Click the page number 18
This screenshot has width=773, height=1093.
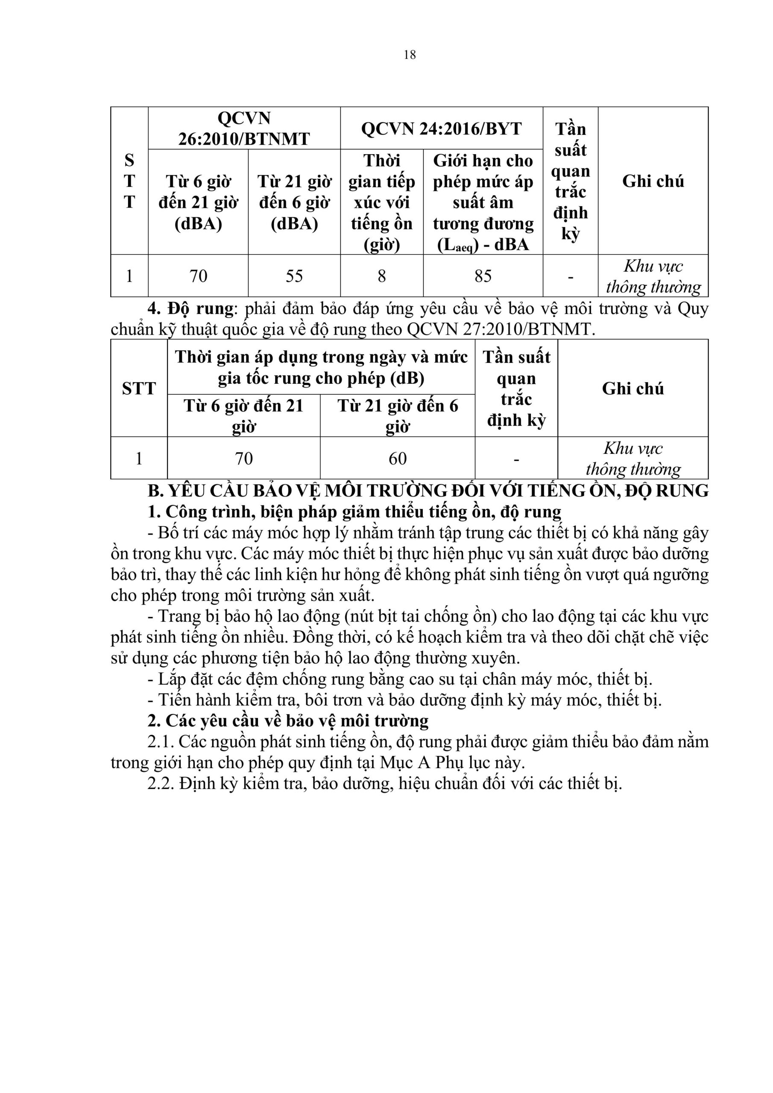[409, 55]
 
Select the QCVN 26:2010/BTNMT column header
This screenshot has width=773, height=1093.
[244, 128]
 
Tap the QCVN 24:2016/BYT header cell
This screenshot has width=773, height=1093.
[441, 129]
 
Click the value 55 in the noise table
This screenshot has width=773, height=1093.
[294, 276]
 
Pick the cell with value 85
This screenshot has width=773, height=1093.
[483, 276]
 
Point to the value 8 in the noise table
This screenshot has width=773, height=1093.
[381, 276]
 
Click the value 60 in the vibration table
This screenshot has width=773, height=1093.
[397, 459]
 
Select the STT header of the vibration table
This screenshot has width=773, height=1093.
[139, 389]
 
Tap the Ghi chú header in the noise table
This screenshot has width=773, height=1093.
[653, 181]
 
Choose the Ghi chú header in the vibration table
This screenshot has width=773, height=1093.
[632, 389]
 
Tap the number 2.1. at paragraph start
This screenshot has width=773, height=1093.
[161, 742]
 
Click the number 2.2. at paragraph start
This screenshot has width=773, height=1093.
[161, 783]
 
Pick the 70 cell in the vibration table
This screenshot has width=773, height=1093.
[243, 459]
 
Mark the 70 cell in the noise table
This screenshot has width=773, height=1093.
[198, 276]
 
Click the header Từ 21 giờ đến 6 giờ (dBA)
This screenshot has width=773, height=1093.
[294, 202]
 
